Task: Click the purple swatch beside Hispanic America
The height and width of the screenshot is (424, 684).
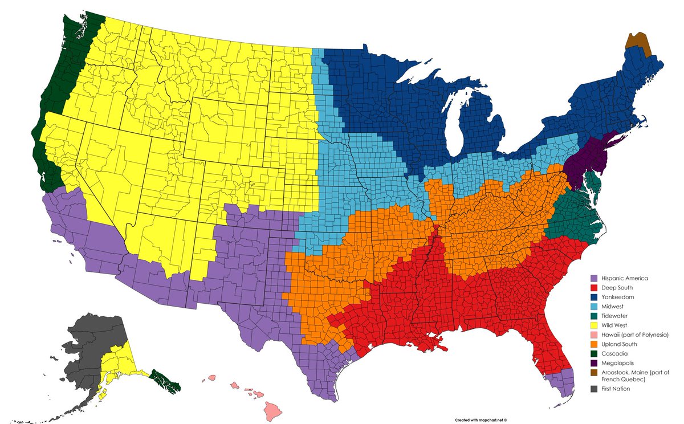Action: point(593,278)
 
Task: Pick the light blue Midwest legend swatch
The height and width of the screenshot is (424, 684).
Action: point(593,307)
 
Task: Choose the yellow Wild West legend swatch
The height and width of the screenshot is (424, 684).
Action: point(593,325)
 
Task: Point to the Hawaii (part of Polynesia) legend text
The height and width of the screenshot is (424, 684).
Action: point(638,335)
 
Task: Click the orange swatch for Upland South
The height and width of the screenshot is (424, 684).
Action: point(593,344)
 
